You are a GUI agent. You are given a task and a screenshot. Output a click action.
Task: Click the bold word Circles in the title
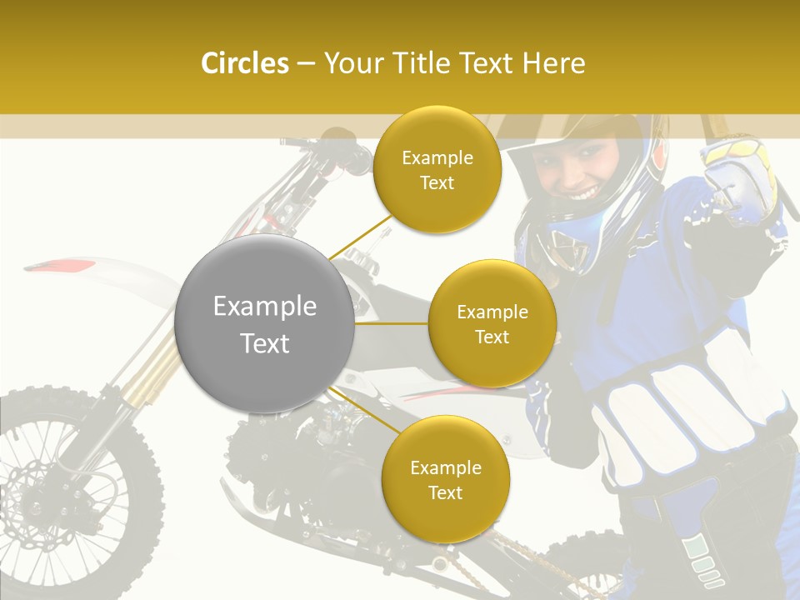244,63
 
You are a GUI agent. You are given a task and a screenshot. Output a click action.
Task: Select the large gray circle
264,323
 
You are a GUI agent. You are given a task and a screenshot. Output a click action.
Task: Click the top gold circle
437,170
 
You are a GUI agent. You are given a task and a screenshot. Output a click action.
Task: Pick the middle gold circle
492,324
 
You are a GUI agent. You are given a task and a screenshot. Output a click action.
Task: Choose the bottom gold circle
445,480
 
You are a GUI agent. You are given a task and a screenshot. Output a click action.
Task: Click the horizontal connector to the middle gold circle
391,323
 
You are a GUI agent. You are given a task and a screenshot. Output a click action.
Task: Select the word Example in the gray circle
264,307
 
